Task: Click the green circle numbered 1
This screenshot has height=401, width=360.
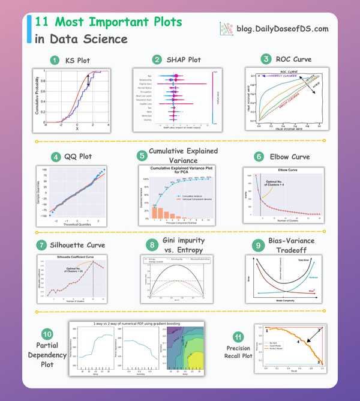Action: (x=55, y=60)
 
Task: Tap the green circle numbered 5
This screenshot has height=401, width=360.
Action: (x=142, y=155)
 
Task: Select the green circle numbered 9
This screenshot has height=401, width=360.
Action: (x=257, y=246)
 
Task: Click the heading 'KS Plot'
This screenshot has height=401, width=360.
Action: (x=77, y=60)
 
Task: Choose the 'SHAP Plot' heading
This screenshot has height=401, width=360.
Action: (x=184, y=60)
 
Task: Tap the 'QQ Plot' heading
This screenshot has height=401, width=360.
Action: (x=80, y=157)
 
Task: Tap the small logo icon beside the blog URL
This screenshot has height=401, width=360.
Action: (x=226, y=28)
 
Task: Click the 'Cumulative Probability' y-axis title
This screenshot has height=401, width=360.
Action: (x=37, y=97)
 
